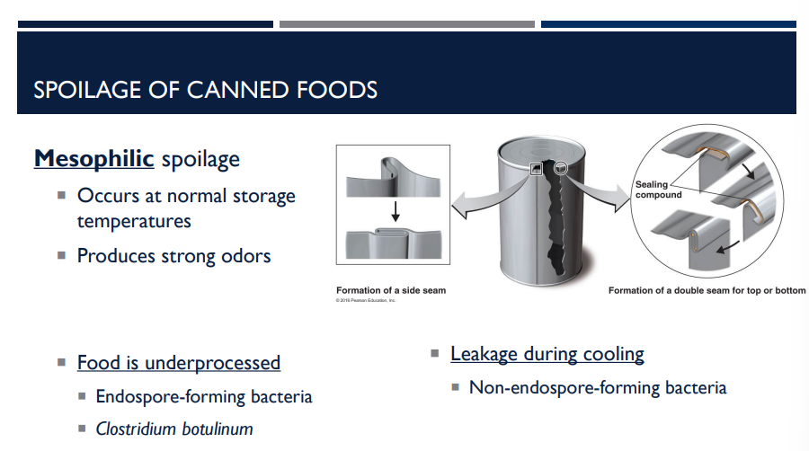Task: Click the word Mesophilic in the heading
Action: [93, 159]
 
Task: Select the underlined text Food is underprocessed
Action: [178, 363]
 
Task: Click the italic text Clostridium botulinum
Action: [174, 429]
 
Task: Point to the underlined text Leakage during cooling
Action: [547, 354]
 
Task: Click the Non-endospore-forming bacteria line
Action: [597, 388]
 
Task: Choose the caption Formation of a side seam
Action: [390, 290]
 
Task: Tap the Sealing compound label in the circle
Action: [658, 190]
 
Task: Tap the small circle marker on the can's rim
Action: [561, 166]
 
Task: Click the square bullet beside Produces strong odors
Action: [62, 255]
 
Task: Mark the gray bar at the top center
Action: [406, 24]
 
